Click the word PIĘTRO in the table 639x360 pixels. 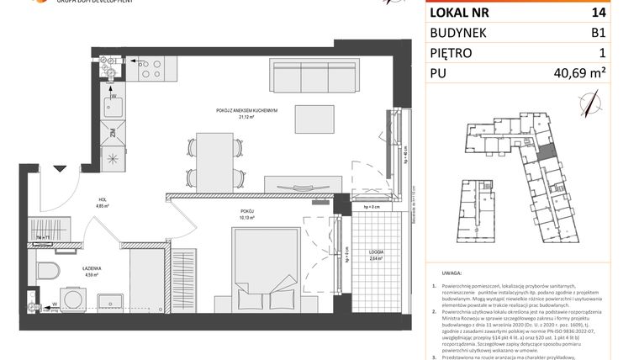(453, 53)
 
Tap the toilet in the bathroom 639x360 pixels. (50, 271)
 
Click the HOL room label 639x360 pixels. (101, 199)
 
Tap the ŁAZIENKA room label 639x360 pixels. (91, 268)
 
